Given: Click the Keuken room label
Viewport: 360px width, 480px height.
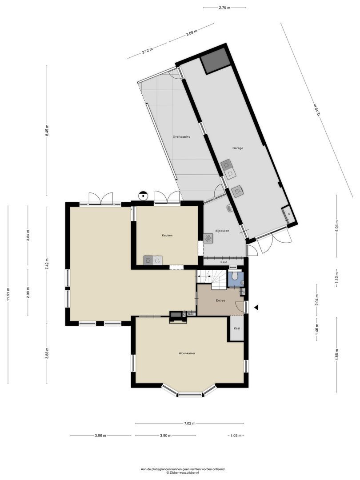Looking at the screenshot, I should (x=167, y=235).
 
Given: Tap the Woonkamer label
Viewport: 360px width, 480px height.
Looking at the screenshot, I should (x=187, y=353).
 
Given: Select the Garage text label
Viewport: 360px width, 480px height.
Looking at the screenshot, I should (x=237, y=148).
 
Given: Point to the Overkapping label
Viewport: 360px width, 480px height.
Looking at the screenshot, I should (x=181, y=137).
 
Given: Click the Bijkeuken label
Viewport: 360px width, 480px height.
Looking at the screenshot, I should (x=222, y=231).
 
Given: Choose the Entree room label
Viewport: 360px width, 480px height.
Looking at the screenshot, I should (x=220, y=301).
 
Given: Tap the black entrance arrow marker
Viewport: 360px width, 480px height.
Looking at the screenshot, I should (x=256, y=307).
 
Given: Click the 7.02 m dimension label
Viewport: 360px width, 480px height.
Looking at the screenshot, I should (x=189, y=424).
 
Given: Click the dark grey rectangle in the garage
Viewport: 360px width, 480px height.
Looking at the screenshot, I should (x=215, y=60).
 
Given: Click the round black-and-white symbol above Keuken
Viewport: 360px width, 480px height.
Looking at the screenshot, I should (x=143, y=195).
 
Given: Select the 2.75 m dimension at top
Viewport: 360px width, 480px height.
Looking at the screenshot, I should (x=224, y=8).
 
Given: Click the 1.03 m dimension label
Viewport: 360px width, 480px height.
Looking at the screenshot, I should (x=236, y=436).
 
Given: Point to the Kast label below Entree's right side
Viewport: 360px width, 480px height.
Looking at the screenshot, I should (x=237, y=328).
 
